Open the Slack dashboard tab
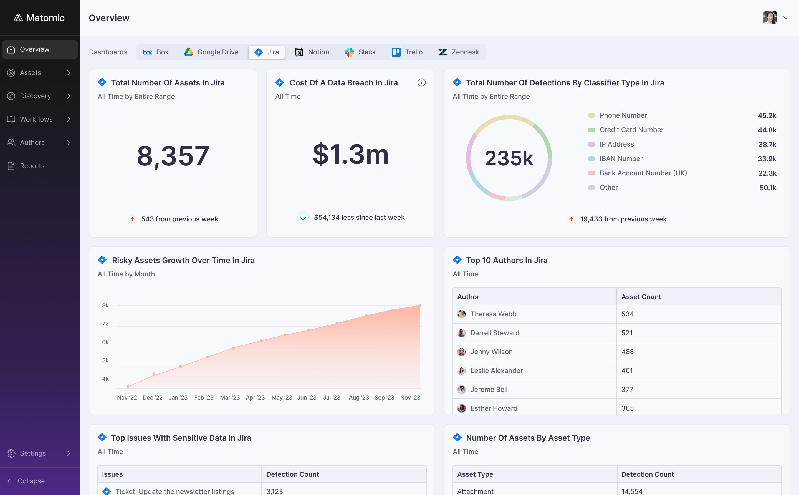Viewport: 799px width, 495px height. (360, 52)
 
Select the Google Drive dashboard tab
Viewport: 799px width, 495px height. (211, 52)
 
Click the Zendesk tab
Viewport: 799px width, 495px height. (459, 52)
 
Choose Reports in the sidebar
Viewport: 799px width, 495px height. (32, 166)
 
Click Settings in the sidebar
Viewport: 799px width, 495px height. (33, 453)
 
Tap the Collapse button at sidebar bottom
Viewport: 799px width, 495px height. (31, 481)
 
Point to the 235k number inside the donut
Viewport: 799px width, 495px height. (509, 158)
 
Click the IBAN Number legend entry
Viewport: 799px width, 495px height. (621, 158)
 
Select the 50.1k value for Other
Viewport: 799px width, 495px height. (768, 188)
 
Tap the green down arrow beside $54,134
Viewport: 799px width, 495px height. (303, 217)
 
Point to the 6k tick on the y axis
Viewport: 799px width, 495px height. (105, 342)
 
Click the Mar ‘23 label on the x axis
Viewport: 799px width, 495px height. (230, 397)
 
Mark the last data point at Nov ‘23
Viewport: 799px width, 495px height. (420, 305)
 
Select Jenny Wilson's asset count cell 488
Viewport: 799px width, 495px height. (628, 352)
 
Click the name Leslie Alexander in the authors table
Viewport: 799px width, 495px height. (497, 371)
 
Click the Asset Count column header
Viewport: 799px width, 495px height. (641, 297)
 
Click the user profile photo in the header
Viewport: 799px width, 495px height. (770, 18)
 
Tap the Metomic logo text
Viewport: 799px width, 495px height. (45, 18)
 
